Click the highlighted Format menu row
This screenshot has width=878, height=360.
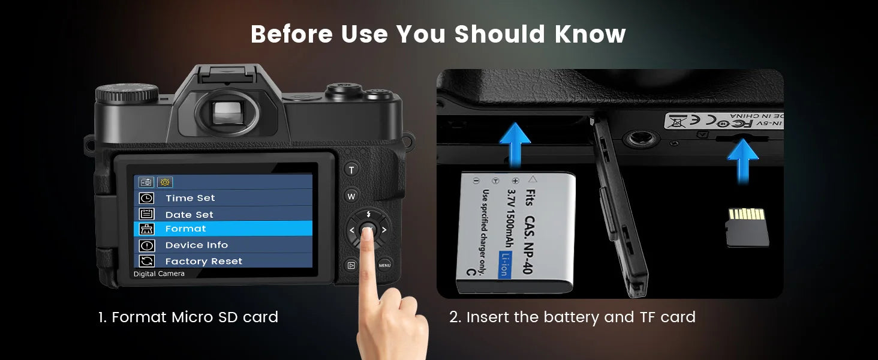click(x=222, y=229)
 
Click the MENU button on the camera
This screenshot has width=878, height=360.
click(x=384, y=265)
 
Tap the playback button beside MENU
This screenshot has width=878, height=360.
click(x=351, y=265)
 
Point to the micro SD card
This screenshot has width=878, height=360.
click(x=747, y=227)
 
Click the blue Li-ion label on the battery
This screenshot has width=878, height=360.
click(x=504, y=264)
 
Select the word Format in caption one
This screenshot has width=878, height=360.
click(x=139, y=317)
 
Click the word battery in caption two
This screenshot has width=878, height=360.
click(x=572, y=317)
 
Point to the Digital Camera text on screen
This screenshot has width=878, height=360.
click(x=159, y=274)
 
